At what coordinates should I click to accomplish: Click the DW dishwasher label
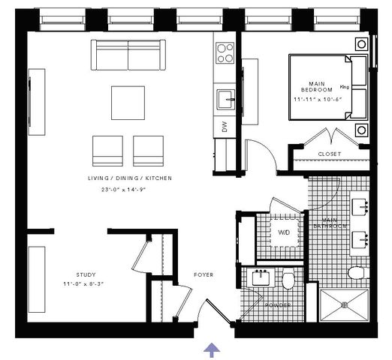pyautogui.click(x=225, y=127)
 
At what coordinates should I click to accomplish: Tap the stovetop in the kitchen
pyautogui.click(x=225, y=53)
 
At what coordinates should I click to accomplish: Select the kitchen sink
pyautogui.click(x=226, y=99)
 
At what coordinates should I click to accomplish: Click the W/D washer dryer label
pyautogui.click(x=284, y=232)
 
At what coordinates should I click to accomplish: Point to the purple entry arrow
pyautogui.click(x=212, y=349)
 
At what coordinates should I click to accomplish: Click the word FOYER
pyautogui.click(x=204, y=274)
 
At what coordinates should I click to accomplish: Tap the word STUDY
pyautogui.click(x=86, y=274)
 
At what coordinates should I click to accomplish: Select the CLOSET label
pyautogui.click(x=330, y=154)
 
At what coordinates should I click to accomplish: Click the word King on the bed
pyautogui.click(x=345, y=87)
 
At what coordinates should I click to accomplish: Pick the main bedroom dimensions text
pyautogui.click(x=318, y=99)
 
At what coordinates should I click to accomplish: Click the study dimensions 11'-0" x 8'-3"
pyautogui.click(x=83, y=284)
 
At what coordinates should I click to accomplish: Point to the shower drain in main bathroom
pyautogui.click(x=345, y=304)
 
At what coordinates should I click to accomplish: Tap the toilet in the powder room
pyautogui.click(x=288, y=280)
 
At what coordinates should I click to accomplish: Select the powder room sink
pyautogui.click(x=261, y=278)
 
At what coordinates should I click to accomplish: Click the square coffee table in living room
pyautogui.click(x=128, y=103)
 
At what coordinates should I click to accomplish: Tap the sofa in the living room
pyautogui.click(x=128, y=55)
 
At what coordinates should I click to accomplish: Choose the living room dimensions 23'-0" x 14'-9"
pyautogui.click(x=123, y=190)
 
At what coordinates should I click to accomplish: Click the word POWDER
pyautogui.click(x=278, y=305)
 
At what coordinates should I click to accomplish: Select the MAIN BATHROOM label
pyautogui.click(x=330, y=223)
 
